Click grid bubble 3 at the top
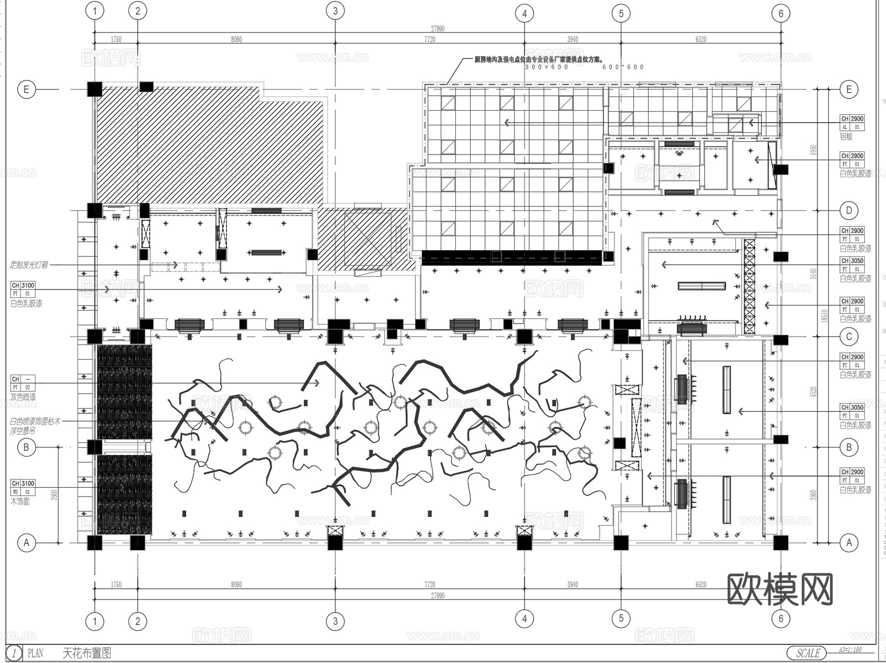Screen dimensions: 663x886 point(335,11)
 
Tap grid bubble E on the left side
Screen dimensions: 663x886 point(27,90)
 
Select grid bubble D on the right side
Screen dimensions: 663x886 point(849,211)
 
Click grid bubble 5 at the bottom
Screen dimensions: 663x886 point(621,618)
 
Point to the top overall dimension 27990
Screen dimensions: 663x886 point(437,29)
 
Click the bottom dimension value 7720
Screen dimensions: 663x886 point(430,584)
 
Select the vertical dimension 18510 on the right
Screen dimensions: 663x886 point(824,316)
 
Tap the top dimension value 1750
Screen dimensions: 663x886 point(116,39)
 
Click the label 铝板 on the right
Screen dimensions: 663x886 point(846,137)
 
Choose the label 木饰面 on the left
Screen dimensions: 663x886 point(20,501)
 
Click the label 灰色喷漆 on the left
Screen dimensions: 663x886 point(23,396)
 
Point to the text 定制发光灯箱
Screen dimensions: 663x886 point(29,265)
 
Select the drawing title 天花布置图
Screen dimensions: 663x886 point(87,653)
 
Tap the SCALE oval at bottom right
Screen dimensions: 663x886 point(808,653)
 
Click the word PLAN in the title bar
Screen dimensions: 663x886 point(35,653)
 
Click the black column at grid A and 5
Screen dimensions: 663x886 point(621,542)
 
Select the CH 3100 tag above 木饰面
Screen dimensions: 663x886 point(23,483)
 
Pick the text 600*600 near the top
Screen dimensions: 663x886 point(623,67)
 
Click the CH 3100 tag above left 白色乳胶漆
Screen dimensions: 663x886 point(23,285)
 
